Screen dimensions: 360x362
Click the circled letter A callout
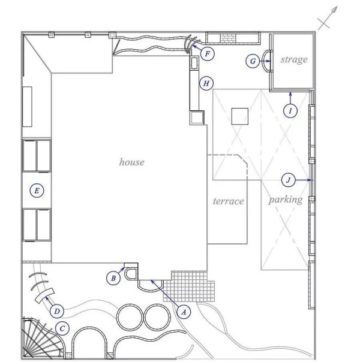pos(184,312)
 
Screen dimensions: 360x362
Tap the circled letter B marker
pos(113,278)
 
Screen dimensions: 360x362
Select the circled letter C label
pos(62,328)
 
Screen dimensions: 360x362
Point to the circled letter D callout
pos(57,311)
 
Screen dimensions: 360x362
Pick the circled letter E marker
pos(37,191)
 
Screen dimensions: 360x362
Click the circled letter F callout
pos(208,54)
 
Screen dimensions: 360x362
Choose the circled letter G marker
pos(253,61)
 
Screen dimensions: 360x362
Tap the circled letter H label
pos(206,83)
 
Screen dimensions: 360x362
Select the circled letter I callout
pos(290,111)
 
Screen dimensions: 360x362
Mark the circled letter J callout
pos(289,180)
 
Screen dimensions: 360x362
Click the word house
pos(132,162)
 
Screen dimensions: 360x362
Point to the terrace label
pos(228,201)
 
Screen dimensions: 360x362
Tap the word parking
pos(286,200)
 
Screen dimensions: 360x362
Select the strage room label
pos(294,59)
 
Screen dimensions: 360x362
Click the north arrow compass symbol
pos(328,18)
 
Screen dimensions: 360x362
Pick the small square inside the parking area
pos(240,116)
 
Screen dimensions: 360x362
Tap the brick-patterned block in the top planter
pos(228,38)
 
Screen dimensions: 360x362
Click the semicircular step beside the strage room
pos(266,61)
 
